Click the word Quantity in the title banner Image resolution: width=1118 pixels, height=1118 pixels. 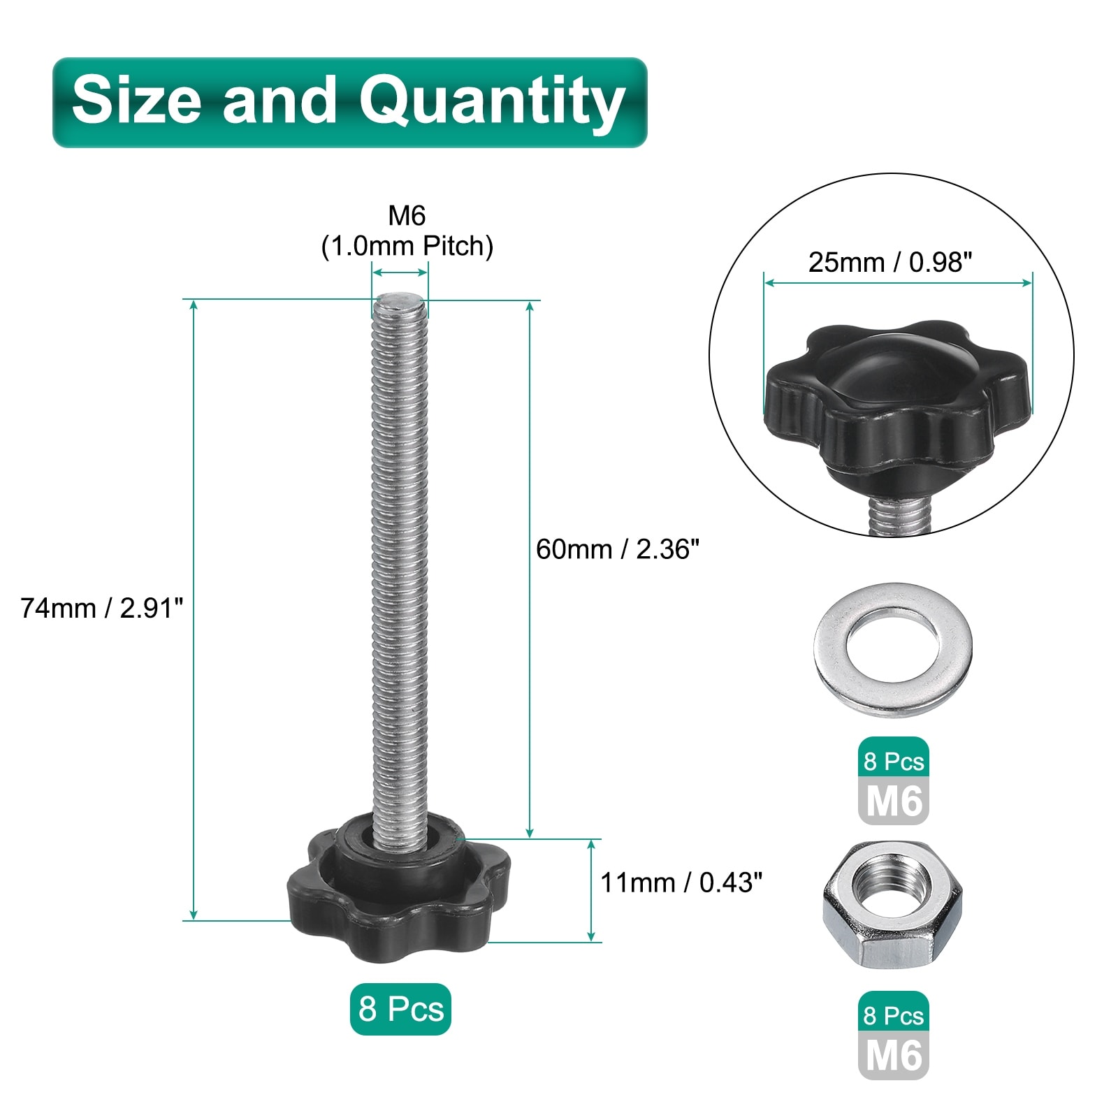(492, 103)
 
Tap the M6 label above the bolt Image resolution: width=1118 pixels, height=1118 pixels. (407, 216)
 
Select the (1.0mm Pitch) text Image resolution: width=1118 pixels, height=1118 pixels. (407, 246)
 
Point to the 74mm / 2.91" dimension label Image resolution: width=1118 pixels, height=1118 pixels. (101, 608)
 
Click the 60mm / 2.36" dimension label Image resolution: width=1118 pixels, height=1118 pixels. (618, 549)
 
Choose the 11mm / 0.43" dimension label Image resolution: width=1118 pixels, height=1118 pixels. (681, 883)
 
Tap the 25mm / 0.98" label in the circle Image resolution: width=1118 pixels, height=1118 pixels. (890, 262)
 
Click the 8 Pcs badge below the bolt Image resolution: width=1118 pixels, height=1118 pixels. (400, 1009)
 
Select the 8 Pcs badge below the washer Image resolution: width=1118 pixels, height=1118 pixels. (894, 761)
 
